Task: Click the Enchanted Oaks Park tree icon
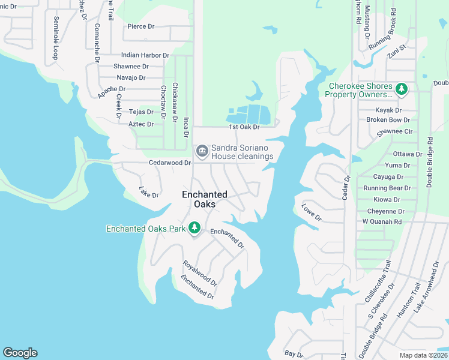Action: (194, 228)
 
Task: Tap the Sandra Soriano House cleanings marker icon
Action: (202, 150)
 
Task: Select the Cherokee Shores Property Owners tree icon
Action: (402, 90)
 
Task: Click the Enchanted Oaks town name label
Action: (205, 199)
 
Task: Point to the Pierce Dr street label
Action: (141, 27)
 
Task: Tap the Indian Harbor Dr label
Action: (145, 55)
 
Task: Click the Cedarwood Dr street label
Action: (170, 163)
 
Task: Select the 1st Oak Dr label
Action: (244, 127)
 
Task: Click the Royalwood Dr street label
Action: (200, 273)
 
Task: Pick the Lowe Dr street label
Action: (312, 212)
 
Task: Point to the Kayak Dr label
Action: (388, 110)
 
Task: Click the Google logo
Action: (20, 353)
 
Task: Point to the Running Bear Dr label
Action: (387, 188)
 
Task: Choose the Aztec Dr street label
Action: (141, 124)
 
